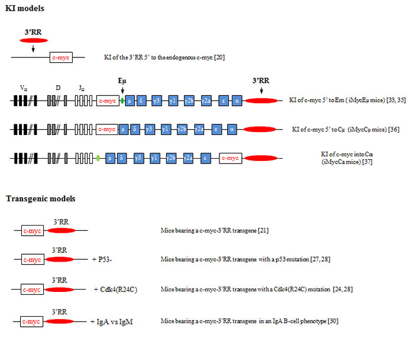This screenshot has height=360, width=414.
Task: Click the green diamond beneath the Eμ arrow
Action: coord(122,101)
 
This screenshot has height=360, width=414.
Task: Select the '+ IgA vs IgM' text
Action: coord(111,322)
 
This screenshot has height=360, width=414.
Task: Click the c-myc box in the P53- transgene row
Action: coord(31,259)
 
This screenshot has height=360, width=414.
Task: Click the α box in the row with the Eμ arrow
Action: coord(237,101)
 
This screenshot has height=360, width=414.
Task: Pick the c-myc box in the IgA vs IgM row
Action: coord(31,322)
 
